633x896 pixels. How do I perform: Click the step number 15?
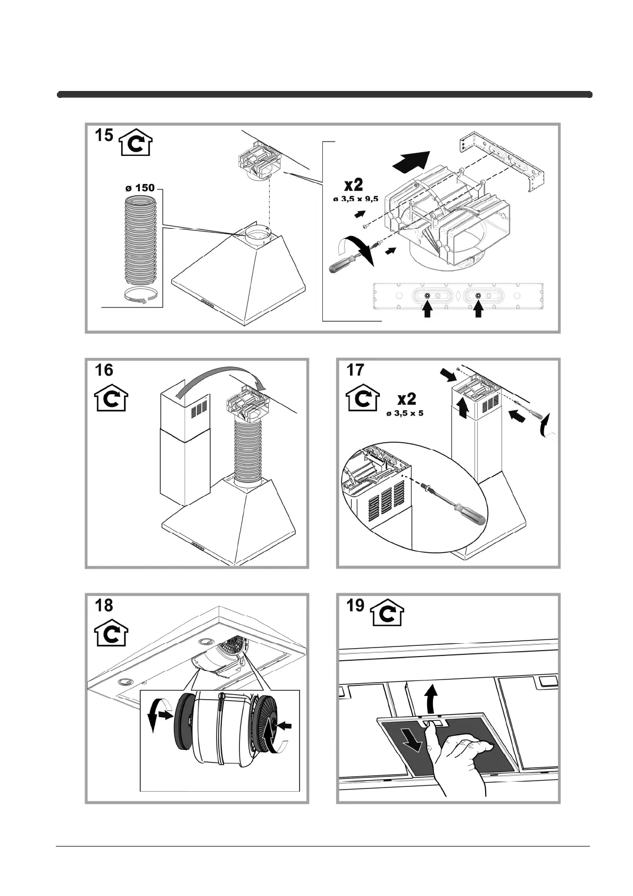pos(104,135)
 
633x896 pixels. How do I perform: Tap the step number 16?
pos(104,370)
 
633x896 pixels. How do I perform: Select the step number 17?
pos(355,370)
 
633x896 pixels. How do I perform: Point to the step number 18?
pos(104,605)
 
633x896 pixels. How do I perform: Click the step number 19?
pos(355,605)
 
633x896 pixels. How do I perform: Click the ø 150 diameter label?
pos(139,188)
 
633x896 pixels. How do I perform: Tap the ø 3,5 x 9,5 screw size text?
pos(355,199)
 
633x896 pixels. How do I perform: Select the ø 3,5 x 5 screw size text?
pos(405,412)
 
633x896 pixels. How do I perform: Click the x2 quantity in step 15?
pos(353,185)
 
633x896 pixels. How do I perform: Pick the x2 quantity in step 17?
pos(406,399)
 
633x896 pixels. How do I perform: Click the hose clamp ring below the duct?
pos(141,296)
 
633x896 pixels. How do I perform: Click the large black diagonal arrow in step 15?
pos(411,160)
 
